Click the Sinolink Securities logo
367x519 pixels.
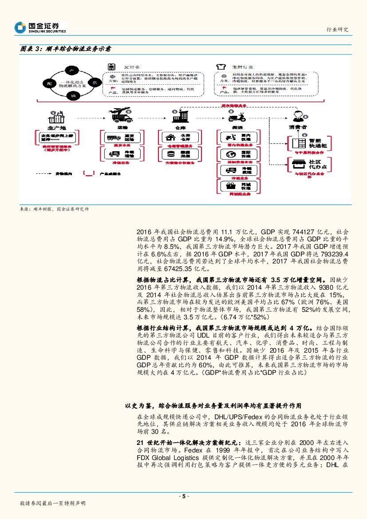pos(40,28)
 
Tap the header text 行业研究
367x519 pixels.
pos(337,29)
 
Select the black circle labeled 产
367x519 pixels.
pos(69,70)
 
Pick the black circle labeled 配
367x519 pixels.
pos(50,83)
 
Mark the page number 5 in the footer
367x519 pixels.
pos(183,496)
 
